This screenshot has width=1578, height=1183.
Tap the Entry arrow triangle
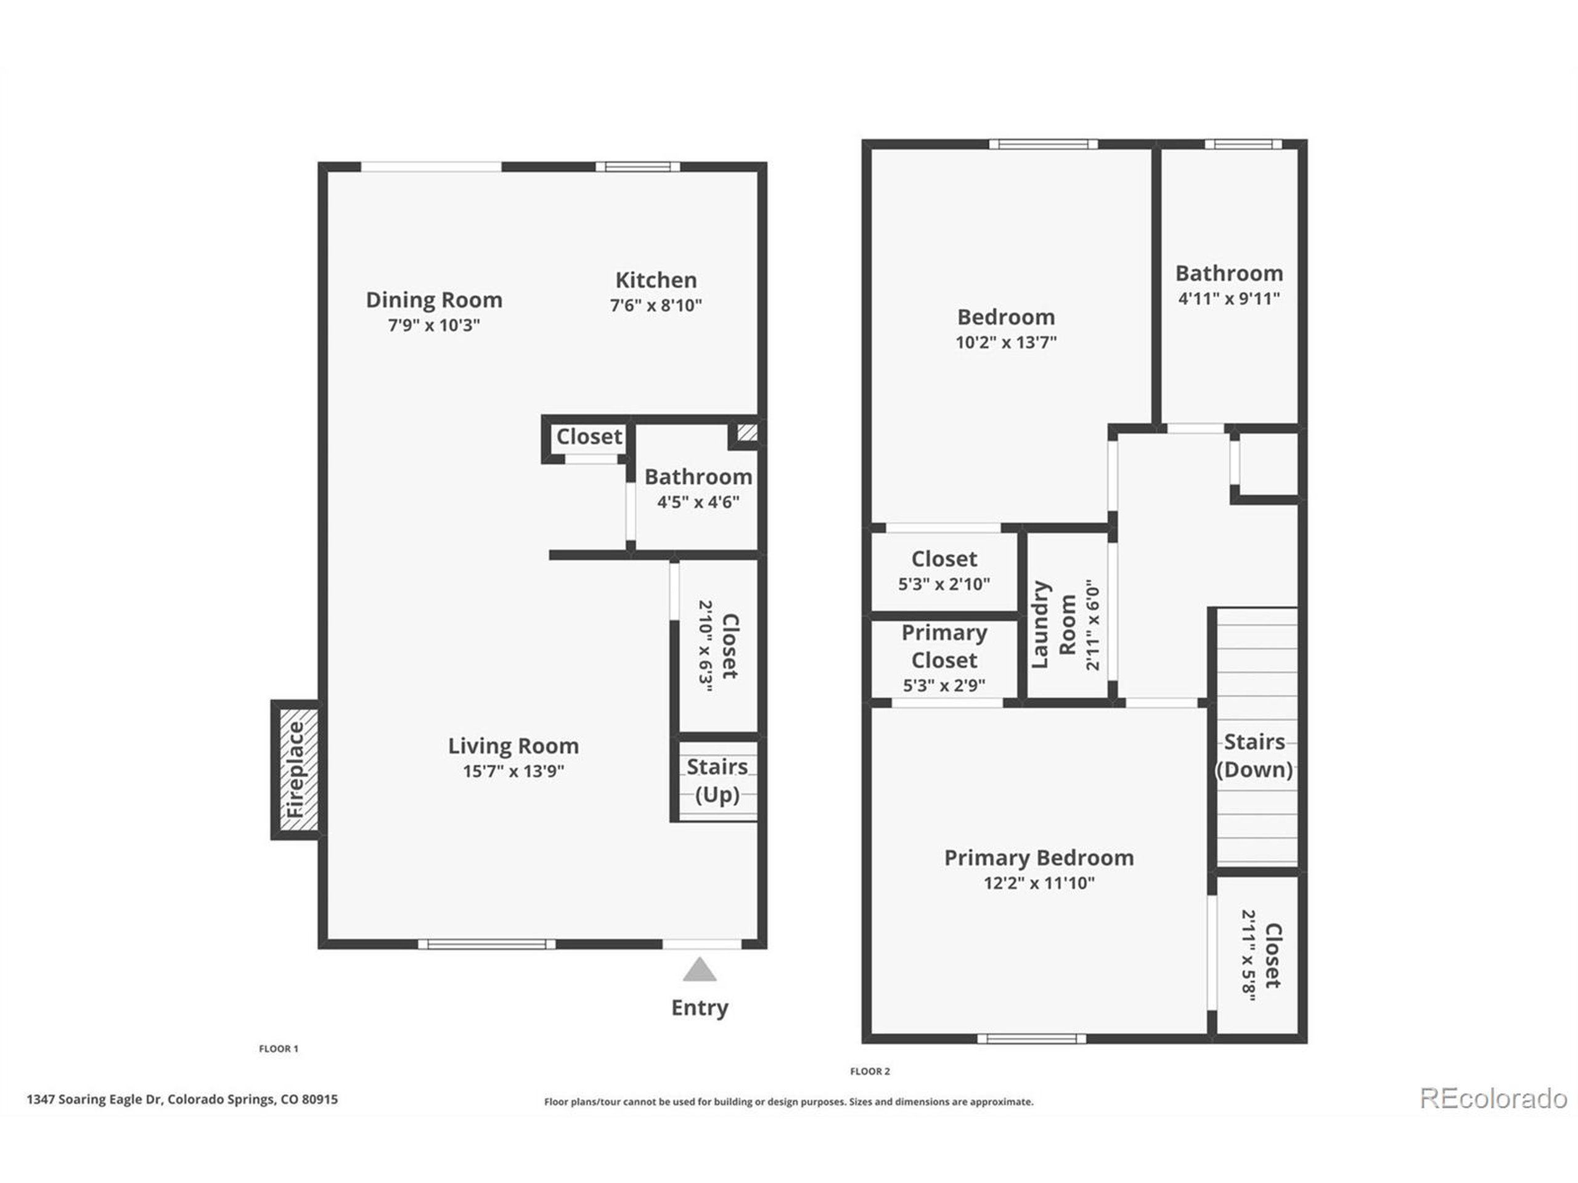click(699, 970)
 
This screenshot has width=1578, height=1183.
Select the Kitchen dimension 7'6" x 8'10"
click(656, 305)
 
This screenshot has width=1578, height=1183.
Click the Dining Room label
click(434, 299)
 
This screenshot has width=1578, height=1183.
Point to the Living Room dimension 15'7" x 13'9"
click(513, 771)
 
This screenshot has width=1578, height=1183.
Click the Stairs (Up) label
click(717, 780)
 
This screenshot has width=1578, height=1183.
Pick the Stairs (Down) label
click(1254, 756)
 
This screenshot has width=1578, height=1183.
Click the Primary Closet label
click(944, 646)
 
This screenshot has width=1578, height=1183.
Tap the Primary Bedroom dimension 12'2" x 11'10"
click(1039, 883)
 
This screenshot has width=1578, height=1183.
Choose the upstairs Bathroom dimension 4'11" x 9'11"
click(1228, 299)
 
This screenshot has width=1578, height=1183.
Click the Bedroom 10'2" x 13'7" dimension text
click(1006, 343)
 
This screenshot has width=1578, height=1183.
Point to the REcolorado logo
click(1492, 1098)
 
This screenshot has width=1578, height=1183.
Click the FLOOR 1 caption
click(278, 1048)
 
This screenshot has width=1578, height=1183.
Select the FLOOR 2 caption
click(870, 1071)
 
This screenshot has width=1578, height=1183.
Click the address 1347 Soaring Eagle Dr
click(182, 1099)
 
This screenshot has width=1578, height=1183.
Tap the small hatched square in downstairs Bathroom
click(747, 432)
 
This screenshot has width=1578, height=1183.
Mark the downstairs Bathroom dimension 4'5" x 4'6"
click(698, 502)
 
